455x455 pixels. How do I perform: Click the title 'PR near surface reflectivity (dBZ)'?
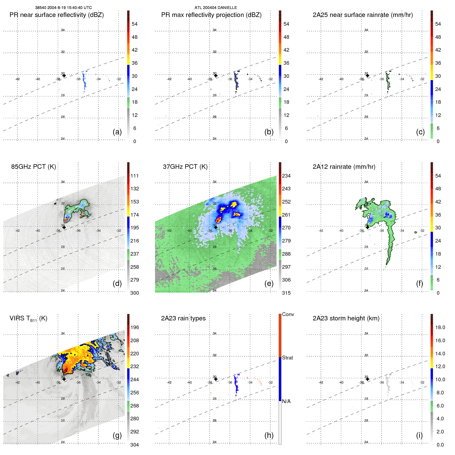pyautogui.click(x=57, y=15)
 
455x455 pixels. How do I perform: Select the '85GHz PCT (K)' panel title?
pyautogui.click(x=33, y=167)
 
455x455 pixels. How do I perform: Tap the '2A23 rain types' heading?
pyautogui.click(x=183, y=318)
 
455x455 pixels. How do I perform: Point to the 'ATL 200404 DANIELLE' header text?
pyautogui.click(x=216, y=8)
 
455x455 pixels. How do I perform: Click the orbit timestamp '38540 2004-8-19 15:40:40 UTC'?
pyautogui.click(x=63, y=8)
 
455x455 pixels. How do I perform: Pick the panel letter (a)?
pyautogui.click(x=117, y=132)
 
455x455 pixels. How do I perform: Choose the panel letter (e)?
pyautogui.click(x=269, y=283)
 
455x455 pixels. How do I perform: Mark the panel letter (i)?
pyautogui.click(x=419, y=435)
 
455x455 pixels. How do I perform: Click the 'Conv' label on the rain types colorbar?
pyautogui.click(x=288, y=314)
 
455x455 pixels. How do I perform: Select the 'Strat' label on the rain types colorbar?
pyautogui.click(x=287, y=358)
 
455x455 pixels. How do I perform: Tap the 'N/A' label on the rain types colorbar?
pyautogui.click(x=286, y=401)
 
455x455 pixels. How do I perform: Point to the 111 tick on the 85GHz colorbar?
pyautogui.click(x=135, y=176)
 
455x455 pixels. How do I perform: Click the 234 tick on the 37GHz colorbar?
pyautogui.click(x=286, y=176)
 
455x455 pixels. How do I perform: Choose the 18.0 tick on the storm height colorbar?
pyautogui.click(x=440, y=327)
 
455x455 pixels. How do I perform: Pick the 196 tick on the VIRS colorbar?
pyautogui.click(x=135, y=327)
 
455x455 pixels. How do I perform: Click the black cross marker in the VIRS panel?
pyautogui.click(x=64, y=379)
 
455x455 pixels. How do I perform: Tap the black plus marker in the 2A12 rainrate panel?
pyautogui.click(x=367, y=227)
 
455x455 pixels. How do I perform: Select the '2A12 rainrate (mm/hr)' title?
pyautogui.click(x=344, y=167)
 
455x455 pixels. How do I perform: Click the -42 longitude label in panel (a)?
pyautogui.click(x=17, y=79)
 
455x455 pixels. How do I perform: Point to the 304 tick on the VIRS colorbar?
pyautogui.click(x=135, y=445)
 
